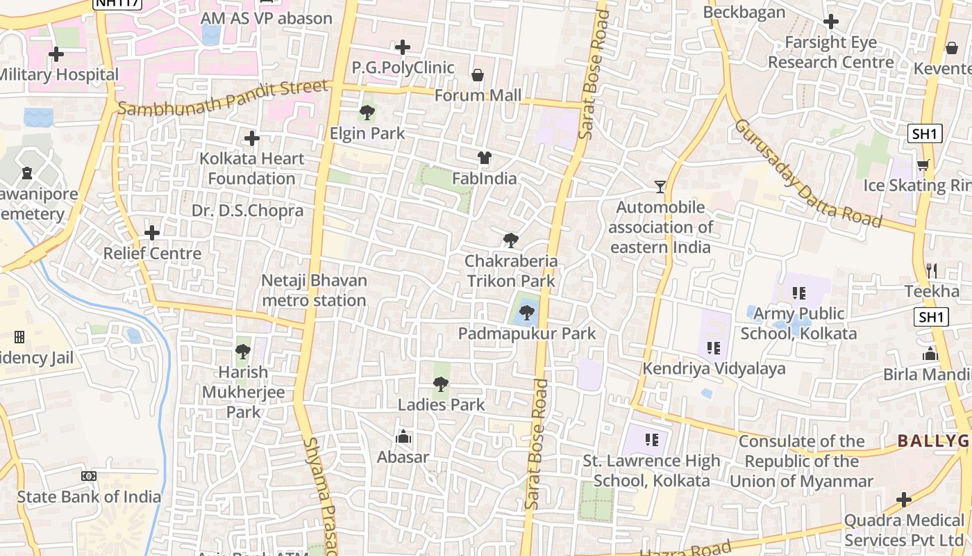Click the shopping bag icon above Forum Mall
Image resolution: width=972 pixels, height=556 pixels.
(x=478, y=75)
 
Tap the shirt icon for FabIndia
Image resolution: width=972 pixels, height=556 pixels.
(x=485, y=158)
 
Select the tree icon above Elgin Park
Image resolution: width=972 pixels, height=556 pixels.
(x=367, y=112)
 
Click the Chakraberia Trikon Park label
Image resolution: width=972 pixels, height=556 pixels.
(x=510, y=271)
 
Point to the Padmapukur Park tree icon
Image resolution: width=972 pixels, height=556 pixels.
(x=527, y=313)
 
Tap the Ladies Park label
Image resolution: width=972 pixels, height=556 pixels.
(x=441, y=404)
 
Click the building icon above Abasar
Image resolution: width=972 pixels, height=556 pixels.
(x=403, y=437)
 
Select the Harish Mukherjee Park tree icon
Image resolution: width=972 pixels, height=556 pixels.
(x=243, y=352)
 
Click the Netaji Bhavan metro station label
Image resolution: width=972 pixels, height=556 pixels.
(x=314, y=291)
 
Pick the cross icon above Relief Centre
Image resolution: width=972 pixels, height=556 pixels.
(x=152, y=233)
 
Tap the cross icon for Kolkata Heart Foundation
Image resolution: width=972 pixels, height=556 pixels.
(x=252, y=138)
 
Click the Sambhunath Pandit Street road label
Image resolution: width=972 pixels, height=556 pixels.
(x=222, y=98)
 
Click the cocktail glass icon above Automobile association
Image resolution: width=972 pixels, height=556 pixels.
(x=660, y=187)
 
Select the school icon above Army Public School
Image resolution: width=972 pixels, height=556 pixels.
(x=798, y=293)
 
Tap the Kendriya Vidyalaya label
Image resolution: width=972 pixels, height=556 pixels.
(x=714, y=369)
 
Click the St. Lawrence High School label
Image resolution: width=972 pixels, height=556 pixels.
(x=651, y=471)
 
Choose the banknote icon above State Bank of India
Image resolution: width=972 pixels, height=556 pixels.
(x=89, y=476)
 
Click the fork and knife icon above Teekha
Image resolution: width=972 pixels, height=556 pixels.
(x=932, y=270)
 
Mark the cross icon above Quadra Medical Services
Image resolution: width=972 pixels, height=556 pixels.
(x=904, y=500)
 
